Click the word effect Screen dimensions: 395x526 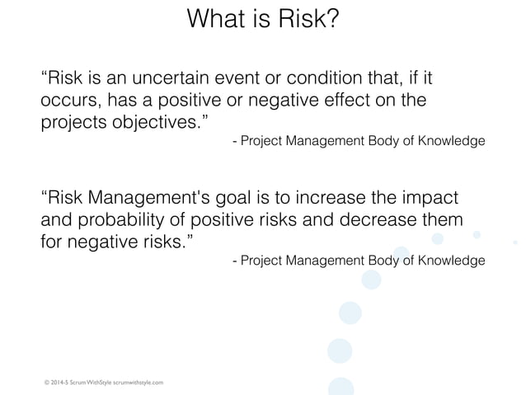point(354,101)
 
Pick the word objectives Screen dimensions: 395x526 point(157,123)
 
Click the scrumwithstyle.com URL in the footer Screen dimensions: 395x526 point(138,382)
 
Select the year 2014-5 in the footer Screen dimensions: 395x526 point(60,382)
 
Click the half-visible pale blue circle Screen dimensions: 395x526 point(340,387)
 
